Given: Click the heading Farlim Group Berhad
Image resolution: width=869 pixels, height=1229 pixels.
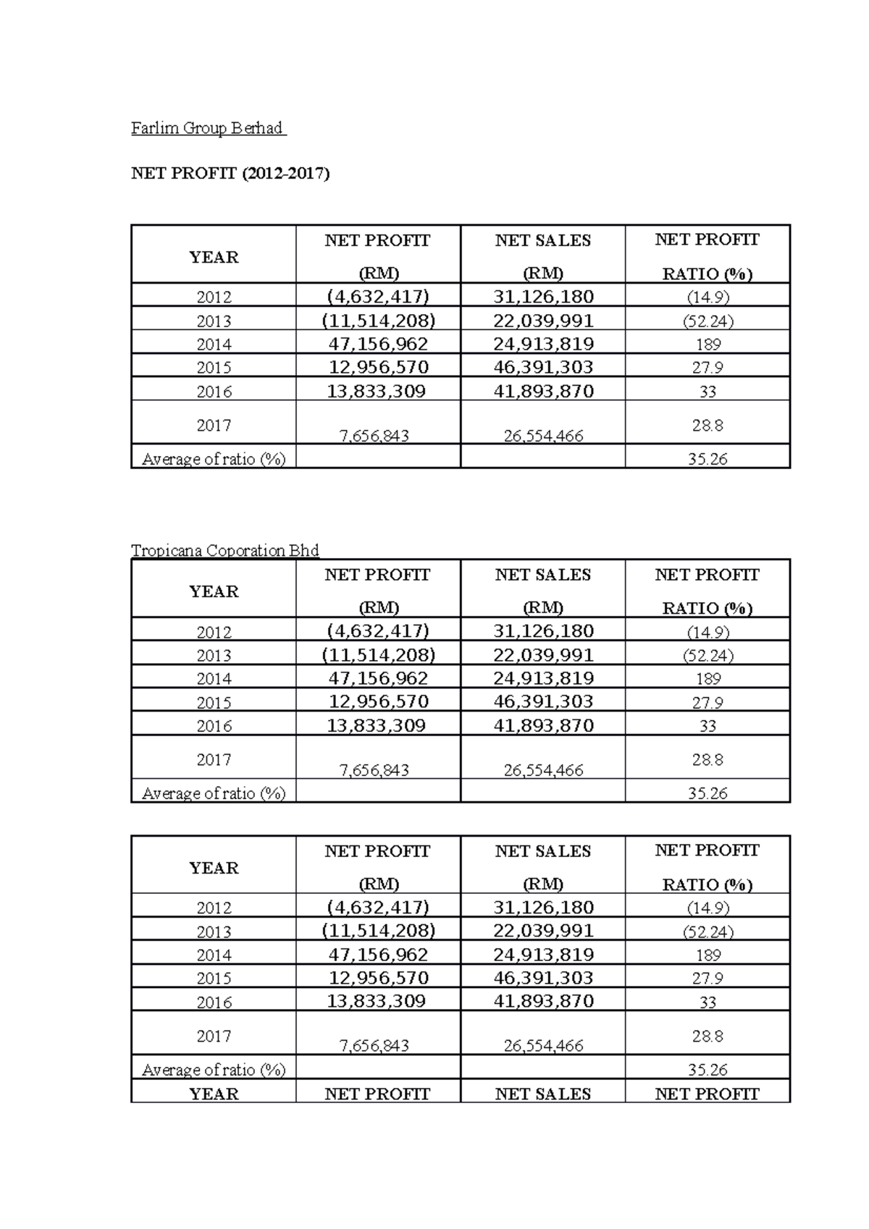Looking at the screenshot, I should tap(207, 129).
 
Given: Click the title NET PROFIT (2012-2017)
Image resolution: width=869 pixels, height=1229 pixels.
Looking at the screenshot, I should tap(230, 174).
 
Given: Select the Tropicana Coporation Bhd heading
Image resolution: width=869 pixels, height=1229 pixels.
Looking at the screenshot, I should tap(224, 551).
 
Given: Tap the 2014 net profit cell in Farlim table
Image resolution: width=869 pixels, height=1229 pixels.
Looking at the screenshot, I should tap(378, 344).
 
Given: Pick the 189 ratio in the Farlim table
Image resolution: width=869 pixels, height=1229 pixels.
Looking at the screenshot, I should tap(707, 345).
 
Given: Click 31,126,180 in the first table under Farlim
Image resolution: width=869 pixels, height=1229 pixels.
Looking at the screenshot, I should tap(543, 297).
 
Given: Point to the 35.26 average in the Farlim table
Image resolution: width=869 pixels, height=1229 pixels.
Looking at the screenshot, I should tap(707, 459).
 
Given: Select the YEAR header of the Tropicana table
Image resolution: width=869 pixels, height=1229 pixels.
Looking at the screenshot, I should tap(214, 591).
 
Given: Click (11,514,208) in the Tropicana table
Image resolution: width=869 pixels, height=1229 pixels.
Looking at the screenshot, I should tap(378, 655).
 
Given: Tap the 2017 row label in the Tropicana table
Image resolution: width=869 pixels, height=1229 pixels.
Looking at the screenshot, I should tap(214, 760).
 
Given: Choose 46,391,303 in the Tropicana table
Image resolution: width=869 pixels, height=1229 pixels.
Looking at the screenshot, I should tap(543, 702).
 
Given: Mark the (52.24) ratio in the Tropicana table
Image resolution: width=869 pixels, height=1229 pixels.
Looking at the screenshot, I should tap(707, 656).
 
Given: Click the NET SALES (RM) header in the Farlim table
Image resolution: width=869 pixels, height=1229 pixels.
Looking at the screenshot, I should tap(543, 255).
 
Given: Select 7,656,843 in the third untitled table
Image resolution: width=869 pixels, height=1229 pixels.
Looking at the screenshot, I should tap(374, 1046).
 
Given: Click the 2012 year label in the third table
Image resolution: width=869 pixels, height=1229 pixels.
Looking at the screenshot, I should tap(214, 908).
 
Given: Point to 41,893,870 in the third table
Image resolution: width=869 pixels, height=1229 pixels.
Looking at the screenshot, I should tap(543, 1002).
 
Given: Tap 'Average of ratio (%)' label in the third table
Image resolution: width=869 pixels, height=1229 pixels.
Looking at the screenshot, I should tap(214, 1070).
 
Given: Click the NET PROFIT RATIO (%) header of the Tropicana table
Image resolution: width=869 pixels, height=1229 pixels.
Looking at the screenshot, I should tap(707, 591).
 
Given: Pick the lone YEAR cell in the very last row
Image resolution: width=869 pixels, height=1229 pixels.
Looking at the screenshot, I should tap(214, 1094).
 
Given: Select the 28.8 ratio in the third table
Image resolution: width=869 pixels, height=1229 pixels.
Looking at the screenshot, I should tap(707, 1036).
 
